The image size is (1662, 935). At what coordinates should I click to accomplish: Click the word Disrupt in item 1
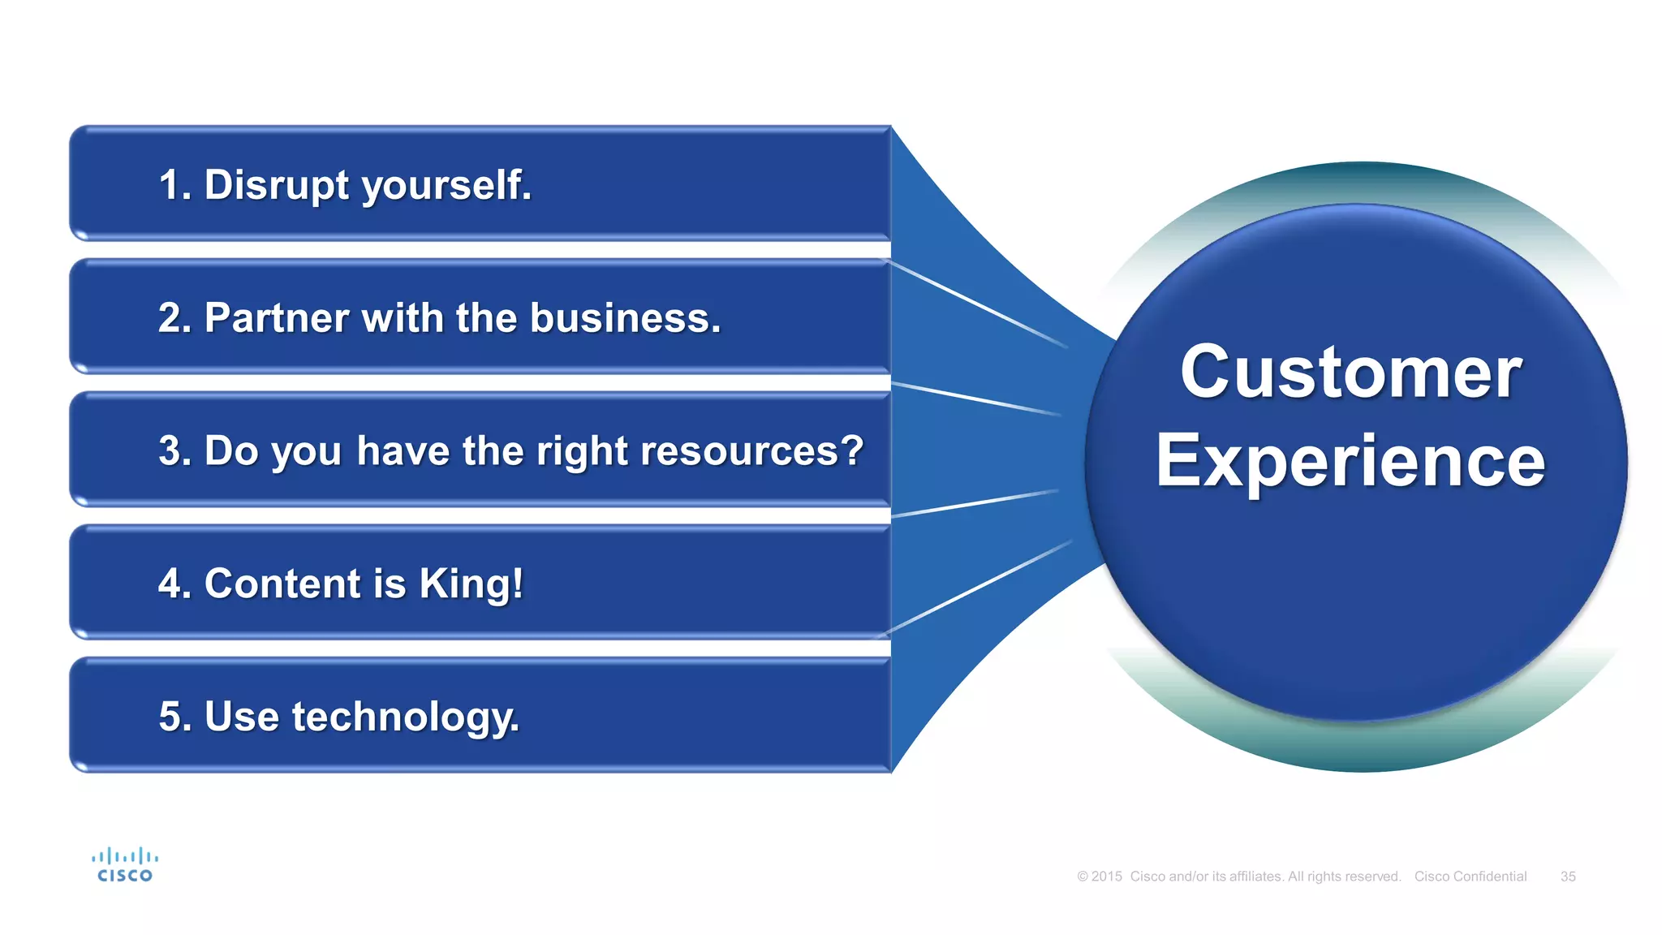(277, 185)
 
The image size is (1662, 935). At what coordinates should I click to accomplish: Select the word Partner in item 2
(276, 317)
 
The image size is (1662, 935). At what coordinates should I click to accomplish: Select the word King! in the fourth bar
(471, 584)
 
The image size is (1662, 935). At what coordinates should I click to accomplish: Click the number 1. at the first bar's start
(174, 185)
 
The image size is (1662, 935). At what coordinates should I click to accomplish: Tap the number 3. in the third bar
(174, 450)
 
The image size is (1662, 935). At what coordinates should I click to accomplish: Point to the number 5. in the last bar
(174, 717)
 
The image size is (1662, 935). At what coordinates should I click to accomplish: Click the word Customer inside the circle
(1350, 373)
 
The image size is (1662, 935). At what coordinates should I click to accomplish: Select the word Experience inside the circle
(1350, 461)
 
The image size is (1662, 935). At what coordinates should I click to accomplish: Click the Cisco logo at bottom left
(125, 865)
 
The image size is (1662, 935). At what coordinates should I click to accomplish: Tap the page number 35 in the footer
(1568, 877)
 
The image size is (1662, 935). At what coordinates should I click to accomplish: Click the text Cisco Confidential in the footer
(1470, 877)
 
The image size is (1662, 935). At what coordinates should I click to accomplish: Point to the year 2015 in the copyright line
(1106, 877)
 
